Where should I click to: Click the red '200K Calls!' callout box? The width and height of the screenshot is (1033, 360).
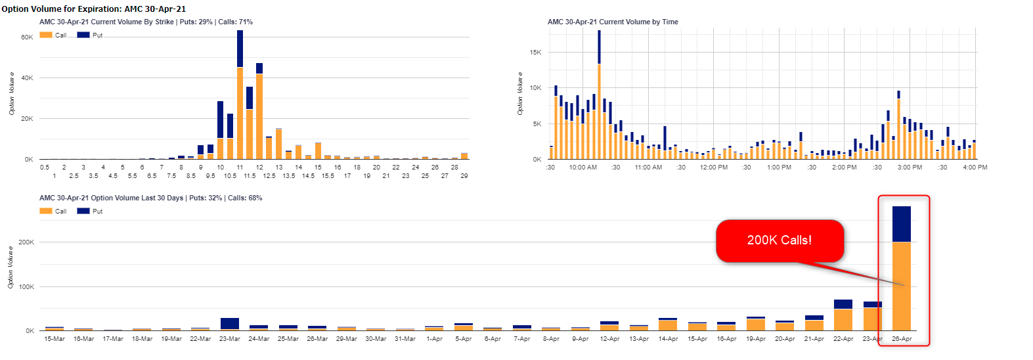coord(780,240)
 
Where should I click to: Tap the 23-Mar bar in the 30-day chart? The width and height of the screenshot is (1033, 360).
coord(230,324)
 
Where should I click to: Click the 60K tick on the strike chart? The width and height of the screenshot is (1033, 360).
coord(27,37)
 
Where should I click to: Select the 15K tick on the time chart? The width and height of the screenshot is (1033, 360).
coord(535,53)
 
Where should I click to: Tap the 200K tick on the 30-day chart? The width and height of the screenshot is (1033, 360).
coord(26,242)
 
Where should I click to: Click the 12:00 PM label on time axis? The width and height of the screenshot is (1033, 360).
coord(713,168)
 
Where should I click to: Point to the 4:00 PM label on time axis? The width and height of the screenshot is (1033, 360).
coord(975,168)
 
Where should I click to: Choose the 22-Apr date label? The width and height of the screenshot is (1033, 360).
coord(843,339)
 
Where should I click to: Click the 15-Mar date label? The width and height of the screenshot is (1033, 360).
coord(55,339)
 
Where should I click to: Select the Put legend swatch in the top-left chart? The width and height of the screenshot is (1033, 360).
coord(83,35)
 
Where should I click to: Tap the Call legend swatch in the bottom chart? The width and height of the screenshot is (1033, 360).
coord(46,211)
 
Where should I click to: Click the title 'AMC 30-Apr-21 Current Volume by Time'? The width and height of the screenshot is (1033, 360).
coord(613,22)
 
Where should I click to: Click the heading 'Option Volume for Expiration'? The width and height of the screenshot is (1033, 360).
coord(93,9)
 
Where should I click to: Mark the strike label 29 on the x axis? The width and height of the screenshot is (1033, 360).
coord(464,176)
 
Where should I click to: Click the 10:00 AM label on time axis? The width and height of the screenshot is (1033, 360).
coord(582,168)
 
